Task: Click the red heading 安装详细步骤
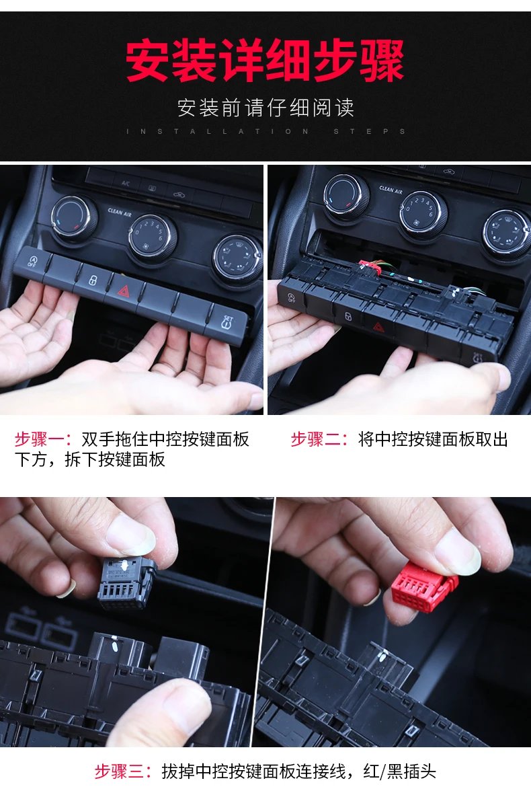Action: (x=265, y=61)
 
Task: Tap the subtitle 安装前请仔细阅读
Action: (x=265, y=108)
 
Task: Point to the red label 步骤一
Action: (x=40, y=439)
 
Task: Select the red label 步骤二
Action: (x=316, y=439)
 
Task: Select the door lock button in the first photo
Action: (x=92, y=279)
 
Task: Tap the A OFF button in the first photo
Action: (x=32, y=261)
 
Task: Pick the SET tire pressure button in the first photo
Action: (x=228, y=321)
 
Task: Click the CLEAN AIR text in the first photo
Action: (x=120, y=213)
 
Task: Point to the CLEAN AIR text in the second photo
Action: (x=391, y=190)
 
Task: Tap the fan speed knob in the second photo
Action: (x=423, y=211)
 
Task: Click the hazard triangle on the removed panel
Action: (x=378, y=327)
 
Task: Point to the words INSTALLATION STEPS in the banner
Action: (x=265, y=131)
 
